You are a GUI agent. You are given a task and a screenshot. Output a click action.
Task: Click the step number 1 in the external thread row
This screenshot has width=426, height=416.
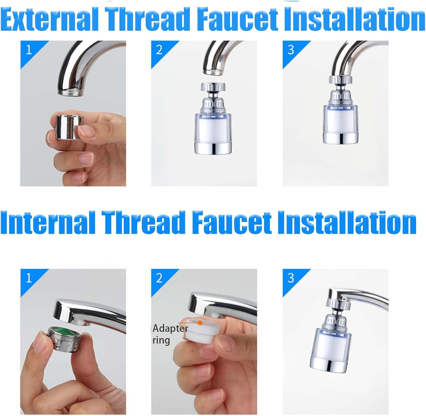[x=29, y=50]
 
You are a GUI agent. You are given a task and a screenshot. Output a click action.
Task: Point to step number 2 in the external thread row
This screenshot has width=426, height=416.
[x=159, y=50]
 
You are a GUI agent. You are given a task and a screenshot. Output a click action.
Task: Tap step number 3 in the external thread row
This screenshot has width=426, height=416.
[x=291, y=50]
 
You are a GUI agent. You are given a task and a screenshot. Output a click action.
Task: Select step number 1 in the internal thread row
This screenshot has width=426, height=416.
[x=29, y=278]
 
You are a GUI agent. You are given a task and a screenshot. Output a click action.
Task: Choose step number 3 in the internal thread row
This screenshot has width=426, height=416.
[x=291, y=278]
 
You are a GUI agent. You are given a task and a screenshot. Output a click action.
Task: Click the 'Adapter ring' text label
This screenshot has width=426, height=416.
[x=170, y=334]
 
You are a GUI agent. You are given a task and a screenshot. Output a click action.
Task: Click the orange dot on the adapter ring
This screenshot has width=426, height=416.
[x=200, y=323]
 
